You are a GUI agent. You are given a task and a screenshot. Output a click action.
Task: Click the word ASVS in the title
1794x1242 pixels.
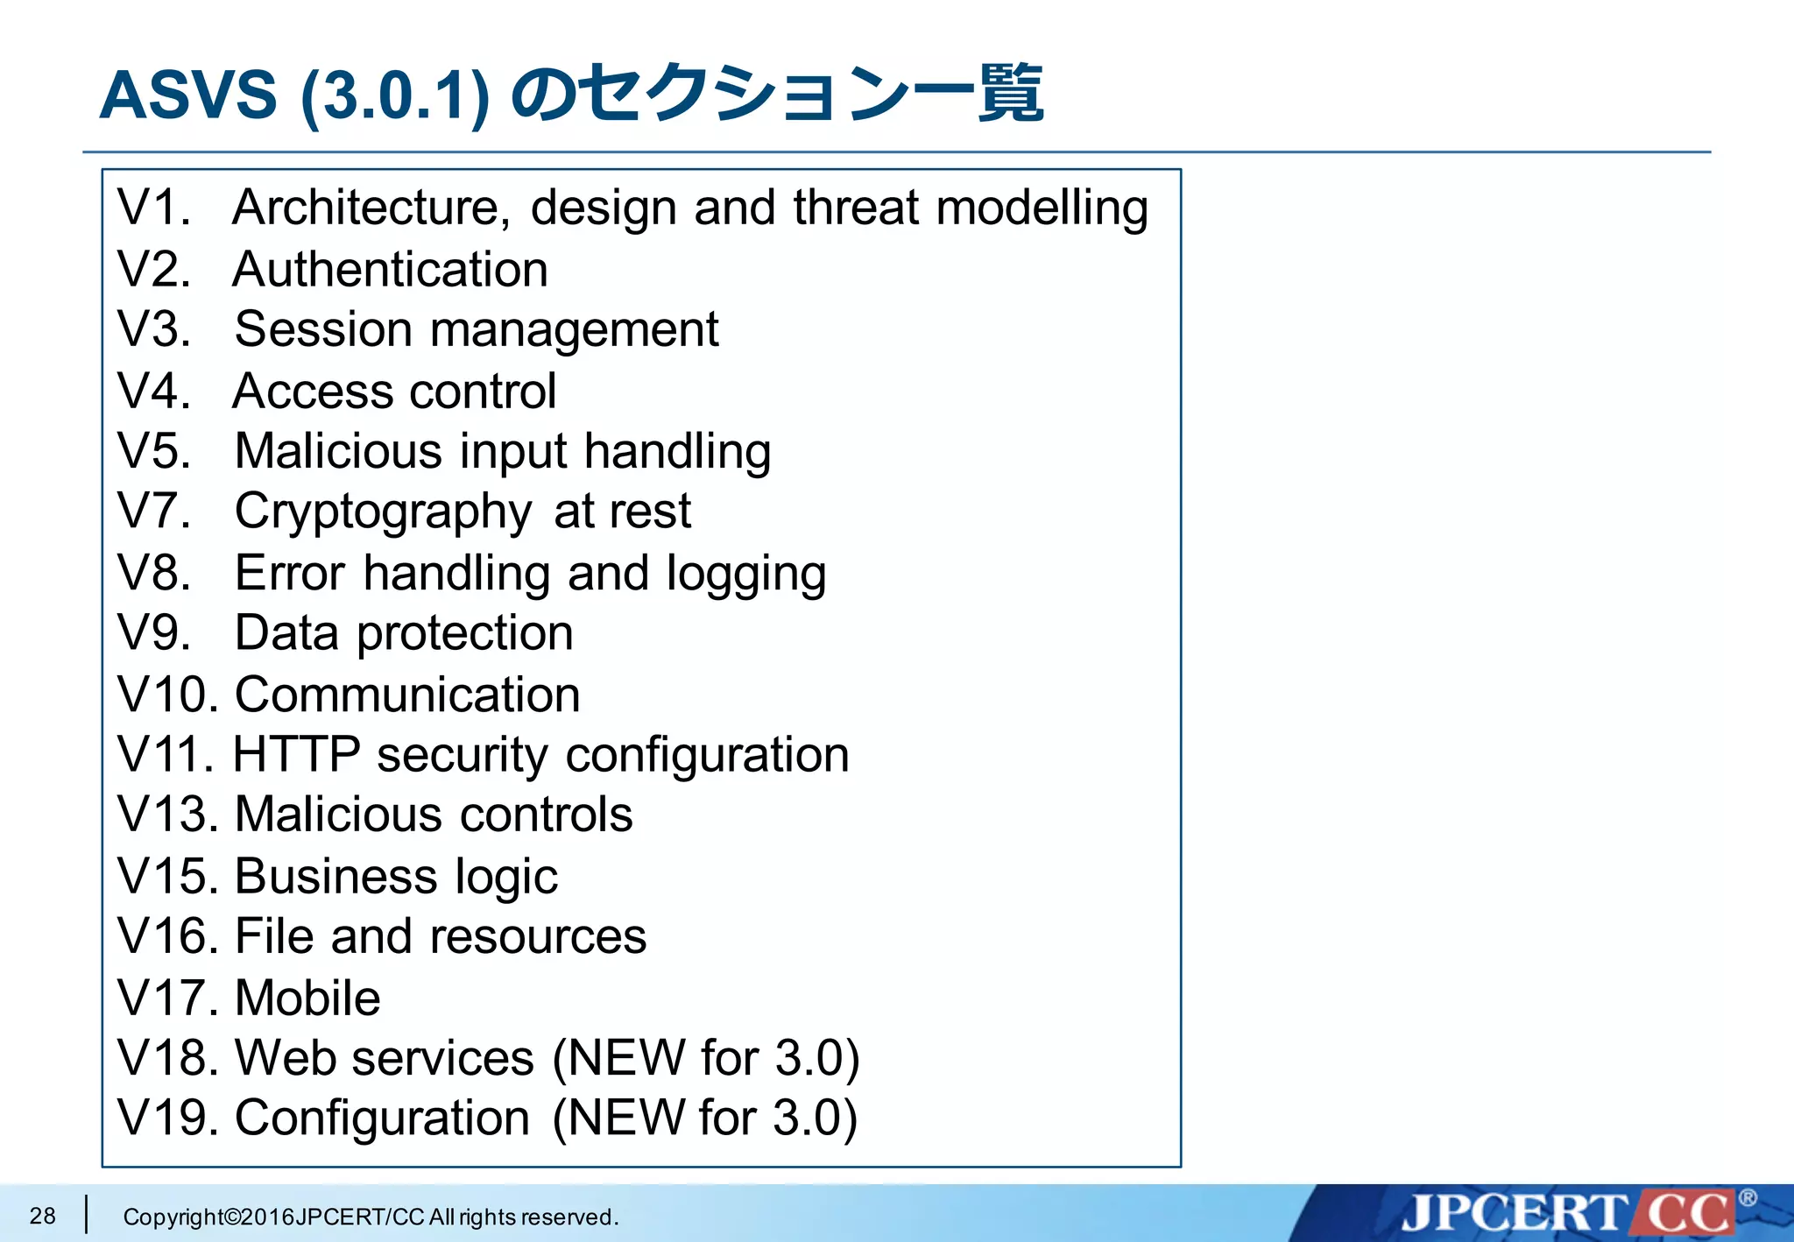click(x=188, y=95)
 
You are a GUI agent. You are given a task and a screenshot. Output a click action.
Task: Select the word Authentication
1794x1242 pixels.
click(x=391, y=269)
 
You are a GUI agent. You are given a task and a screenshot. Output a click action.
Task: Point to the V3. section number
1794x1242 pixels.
click(x=154, y=329)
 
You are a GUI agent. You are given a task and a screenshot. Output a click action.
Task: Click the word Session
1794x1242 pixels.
click(x=323, y=329)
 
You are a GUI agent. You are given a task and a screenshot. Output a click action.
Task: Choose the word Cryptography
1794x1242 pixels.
click(x=383, y=512)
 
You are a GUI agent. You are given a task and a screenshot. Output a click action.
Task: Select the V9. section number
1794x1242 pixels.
click(x=154, y=632)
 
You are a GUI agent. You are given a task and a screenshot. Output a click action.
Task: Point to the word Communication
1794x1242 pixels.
click(x=407, y=695)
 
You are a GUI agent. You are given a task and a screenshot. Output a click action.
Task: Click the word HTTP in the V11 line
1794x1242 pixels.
click(x=296, y=754)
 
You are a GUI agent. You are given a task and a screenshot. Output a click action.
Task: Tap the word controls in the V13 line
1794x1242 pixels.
click(x=547, y=815)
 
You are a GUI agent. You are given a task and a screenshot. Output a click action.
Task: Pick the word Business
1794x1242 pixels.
click(x=336, y=876)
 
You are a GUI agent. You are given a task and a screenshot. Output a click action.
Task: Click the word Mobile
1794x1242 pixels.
click(x=307, y=998)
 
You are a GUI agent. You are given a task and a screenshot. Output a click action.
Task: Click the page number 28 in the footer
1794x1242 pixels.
click(x=42, y=1216)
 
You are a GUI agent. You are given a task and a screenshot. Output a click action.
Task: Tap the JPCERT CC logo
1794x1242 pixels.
click(x=1568, y=1213)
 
